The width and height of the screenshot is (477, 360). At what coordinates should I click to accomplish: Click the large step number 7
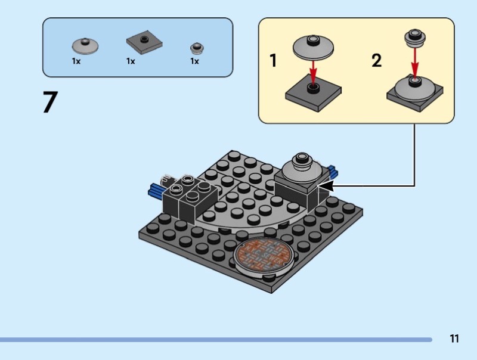click(x=50, y=102)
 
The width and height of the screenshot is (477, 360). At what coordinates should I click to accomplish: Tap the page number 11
click(x=454, y=339)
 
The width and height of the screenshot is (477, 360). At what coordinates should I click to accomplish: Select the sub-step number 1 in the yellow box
click(x=274, y=60)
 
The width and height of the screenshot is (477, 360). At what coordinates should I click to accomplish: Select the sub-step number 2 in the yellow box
click(x=377, y=60)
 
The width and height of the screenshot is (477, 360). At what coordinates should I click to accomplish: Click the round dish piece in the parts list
click(x=85, y=46)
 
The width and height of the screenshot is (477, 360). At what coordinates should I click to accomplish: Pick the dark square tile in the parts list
click(x=144, y=42)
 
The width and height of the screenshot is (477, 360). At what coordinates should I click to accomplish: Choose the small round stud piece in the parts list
click(x=197, y=48)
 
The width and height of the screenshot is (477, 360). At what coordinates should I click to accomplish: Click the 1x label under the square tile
click(x=131, y=61)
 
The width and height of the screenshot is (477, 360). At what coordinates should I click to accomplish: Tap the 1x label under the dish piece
click(x=76, y=61)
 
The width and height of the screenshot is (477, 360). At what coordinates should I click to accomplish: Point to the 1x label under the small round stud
click(x=195, y=61)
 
